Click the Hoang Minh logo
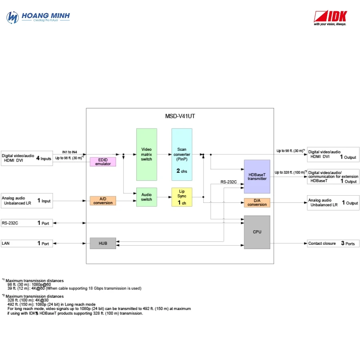click(38, 17)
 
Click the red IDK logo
click(330, 18)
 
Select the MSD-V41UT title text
click(180, 116)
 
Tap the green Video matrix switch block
click(147, 154)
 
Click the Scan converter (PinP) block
click(182, 154)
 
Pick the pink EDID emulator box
click(103, 162)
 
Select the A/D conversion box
click(103, 201)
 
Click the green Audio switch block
click(147, 197)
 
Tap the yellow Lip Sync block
click(182, 197)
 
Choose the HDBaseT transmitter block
click(257, 176)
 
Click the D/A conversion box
click(257, 203)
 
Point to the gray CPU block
click(257, 232)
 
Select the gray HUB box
click(103, 243)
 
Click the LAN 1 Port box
click(27, 243)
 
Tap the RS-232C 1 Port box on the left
click(27, 223)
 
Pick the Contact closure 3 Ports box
click(333, 243)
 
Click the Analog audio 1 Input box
click(27, 201)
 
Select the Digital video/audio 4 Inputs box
click(27, 158)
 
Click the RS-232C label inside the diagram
click(228, 182)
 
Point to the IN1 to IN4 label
click(70, 152)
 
